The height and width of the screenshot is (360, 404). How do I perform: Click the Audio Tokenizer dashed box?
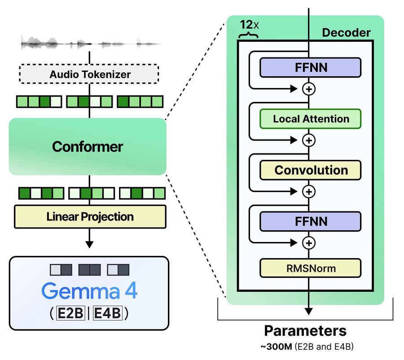89,74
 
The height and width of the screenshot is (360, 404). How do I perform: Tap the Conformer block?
88,146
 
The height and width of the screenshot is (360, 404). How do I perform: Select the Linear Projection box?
90,216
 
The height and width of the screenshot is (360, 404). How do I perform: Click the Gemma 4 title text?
89,291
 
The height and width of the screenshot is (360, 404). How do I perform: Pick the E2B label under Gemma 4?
70,313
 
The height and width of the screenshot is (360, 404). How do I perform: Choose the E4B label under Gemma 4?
107,313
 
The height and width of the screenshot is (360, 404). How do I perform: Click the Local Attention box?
311,119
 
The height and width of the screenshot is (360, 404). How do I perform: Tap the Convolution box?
311,170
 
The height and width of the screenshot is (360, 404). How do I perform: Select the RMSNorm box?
311,268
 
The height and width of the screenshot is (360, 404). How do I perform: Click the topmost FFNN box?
311,67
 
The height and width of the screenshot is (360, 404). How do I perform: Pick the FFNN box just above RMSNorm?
311,221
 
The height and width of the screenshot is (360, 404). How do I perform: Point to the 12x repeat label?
249,25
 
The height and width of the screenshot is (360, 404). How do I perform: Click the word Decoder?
346,33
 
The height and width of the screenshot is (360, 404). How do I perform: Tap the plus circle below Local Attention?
309,140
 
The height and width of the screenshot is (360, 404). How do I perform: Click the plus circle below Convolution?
309,192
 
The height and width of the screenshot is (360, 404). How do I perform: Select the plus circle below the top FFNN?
309,89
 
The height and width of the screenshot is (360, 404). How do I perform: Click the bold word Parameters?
305,331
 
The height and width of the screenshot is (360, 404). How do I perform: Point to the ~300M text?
276,347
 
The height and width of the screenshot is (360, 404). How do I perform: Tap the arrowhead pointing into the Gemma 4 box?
89,245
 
